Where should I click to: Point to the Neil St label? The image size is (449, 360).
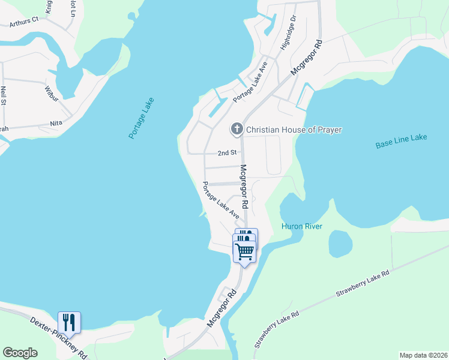coord(4,97)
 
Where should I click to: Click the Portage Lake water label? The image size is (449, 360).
coord(141,118)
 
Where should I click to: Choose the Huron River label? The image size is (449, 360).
coord(302,226)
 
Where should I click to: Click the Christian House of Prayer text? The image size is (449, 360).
coord(290,129)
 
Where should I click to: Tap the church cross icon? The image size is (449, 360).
coord(237,129)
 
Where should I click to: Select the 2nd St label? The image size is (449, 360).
coord(227,153)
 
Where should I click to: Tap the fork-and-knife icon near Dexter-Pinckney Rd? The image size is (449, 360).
coord(69,322)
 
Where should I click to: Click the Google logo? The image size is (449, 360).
coord(20,353)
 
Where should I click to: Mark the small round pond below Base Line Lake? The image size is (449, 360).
coord(340,243)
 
